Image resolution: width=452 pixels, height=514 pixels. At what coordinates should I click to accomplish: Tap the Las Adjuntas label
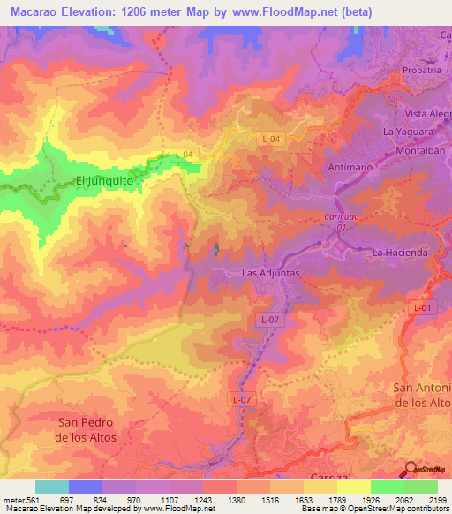tap(272, 274)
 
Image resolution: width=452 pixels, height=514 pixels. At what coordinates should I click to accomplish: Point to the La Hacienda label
tap(400, 253)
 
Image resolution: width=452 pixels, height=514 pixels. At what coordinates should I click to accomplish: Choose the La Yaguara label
tap(407, 132)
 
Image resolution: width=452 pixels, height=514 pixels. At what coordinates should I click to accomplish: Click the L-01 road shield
tap(423, 306)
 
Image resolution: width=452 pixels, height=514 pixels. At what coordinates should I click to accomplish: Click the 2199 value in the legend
tap(438, 501)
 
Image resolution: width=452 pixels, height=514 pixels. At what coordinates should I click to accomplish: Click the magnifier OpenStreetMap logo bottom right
tap(413, 468)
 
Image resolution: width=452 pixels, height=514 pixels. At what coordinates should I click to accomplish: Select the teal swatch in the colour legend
tap(51, 487)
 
